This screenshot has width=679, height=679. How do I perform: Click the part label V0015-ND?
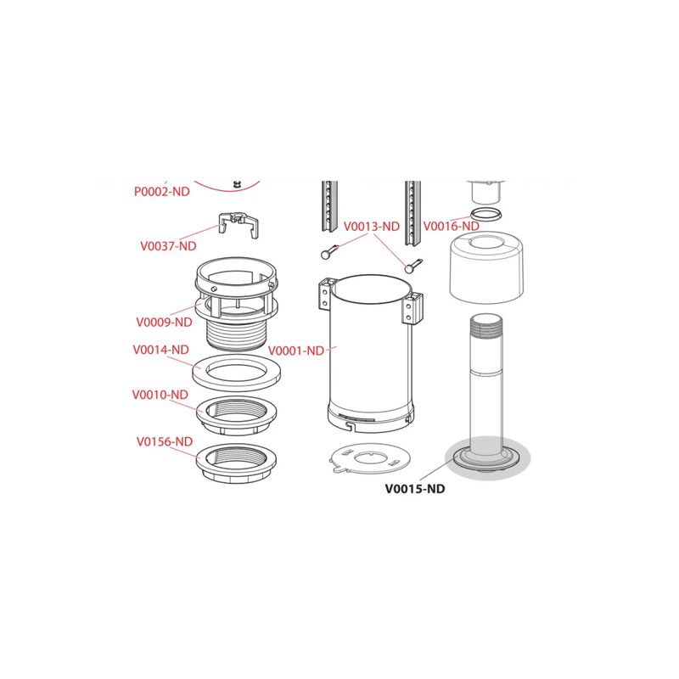tap(415, 489)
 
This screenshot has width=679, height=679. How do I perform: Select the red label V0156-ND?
tap(165, 441)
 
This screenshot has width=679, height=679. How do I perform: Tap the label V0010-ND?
tap(160, 395)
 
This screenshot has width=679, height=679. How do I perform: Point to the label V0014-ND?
tap(160, 350)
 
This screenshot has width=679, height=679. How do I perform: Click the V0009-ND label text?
tap(164, 323)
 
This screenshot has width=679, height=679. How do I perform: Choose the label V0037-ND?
tap(168, 246)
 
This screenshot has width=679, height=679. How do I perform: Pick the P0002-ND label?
tap(162, 192)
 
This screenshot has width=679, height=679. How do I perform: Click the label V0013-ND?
tap(372, 227)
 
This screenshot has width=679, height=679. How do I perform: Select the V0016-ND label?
tap(452, 226)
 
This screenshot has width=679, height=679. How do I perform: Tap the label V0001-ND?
tap(296, 351)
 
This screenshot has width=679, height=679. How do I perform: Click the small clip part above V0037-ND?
tap(238, 225)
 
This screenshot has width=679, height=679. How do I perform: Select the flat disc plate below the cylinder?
tap(369, 458)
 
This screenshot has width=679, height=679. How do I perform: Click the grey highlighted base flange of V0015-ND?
tap(488, 459)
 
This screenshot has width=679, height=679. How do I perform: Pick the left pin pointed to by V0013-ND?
tap(330, 252)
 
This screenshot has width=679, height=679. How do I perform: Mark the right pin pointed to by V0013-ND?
tap(412, 266)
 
